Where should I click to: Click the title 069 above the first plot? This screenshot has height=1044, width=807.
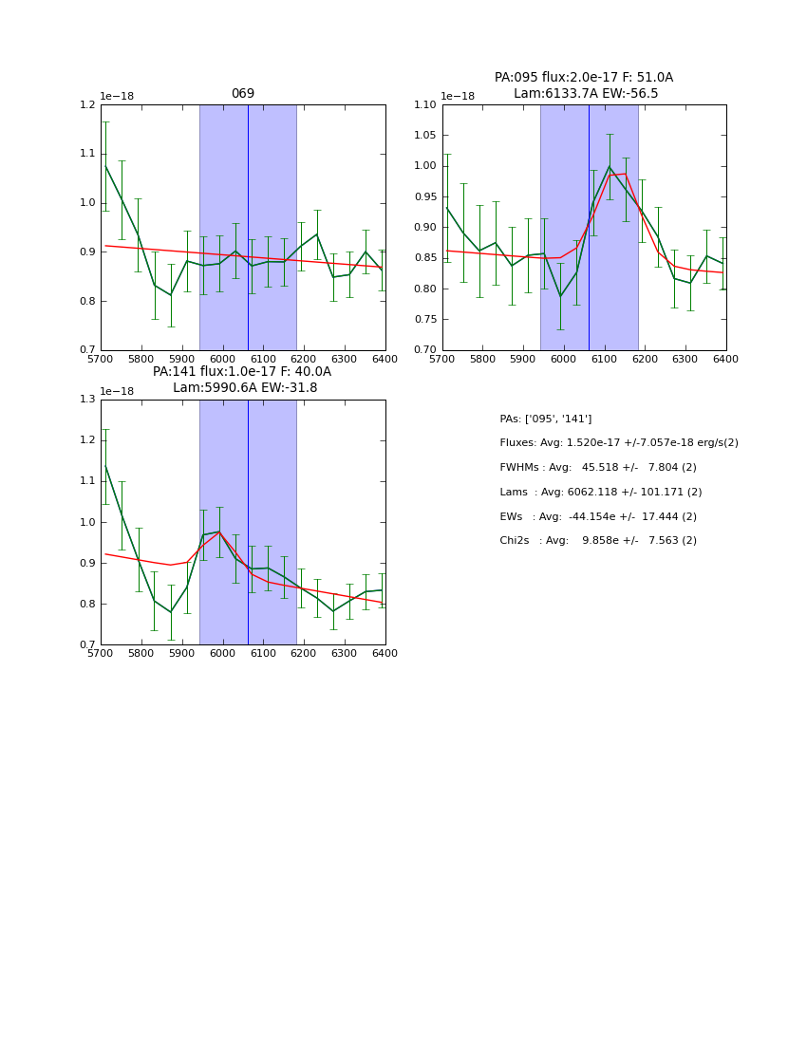click(x=243, y=94)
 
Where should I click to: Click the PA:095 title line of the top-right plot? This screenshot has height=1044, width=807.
click(x=583, y=78)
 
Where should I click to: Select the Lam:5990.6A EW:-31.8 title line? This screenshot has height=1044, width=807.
click(x=245, y=388)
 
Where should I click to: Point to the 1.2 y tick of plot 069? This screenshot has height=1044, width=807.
click(x=86, y=104)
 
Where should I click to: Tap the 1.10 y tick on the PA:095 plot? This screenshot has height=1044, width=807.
click(x=424, y=104)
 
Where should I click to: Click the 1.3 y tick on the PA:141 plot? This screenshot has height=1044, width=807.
click(x=86, y=400)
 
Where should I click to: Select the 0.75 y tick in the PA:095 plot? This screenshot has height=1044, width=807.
click(x=424, y=320)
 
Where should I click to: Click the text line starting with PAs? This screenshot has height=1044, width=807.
click(x=545, y=419)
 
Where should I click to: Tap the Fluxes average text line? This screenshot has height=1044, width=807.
click(x=618, y=443)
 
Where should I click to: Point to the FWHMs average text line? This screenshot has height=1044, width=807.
click(x=597, y=467)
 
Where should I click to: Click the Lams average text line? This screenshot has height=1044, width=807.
click(x=600, y=492)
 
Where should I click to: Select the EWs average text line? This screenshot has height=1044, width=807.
click(x=597, y=516)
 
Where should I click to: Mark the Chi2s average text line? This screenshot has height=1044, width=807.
click(x=597, y=541)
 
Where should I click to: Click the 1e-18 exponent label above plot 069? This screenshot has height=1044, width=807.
click(x=117, y=96)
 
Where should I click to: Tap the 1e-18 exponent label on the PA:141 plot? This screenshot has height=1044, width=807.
click(x=117, y=391)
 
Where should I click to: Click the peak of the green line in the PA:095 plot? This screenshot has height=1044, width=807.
click(x=610, y=167)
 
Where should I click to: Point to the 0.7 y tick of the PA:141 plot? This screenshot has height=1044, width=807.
click(x=86, y=645)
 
